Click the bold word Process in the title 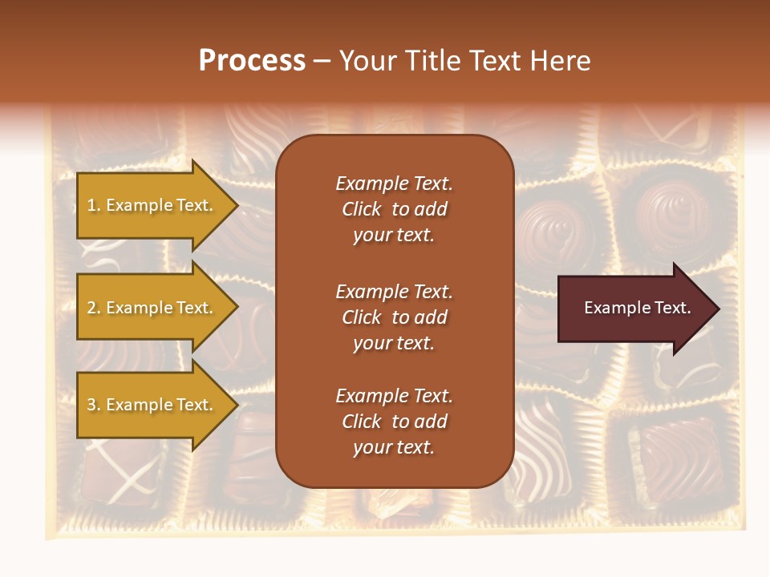pos(252,61)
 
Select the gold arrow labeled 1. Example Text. pos(152,205)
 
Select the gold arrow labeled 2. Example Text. pos(152,308)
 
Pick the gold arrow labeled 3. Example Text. pos(152,405)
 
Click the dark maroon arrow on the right pos(634,309)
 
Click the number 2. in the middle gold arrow pos(94,308)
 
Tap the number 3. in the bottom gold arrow pos(94,405)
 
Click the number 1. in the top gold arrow pos(94,205)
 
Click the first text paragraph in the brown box pos(394,209)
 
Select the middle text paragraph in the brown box pos(394,317)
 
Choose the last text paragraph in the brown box pos(394,422)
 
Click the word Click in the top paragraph pos(361,209)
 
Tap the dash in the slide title pos(322,62)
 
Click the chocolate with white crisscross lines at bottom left pos(120,473)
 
